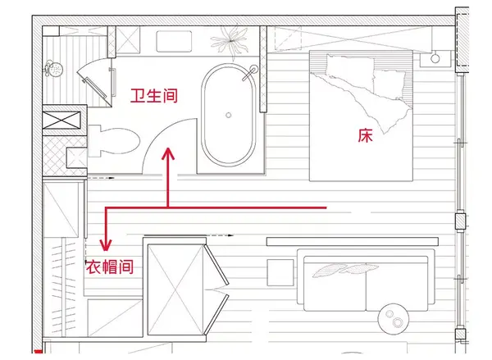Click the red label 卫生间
[154, 94]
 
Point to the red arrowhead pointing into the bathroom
[168, 154]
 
